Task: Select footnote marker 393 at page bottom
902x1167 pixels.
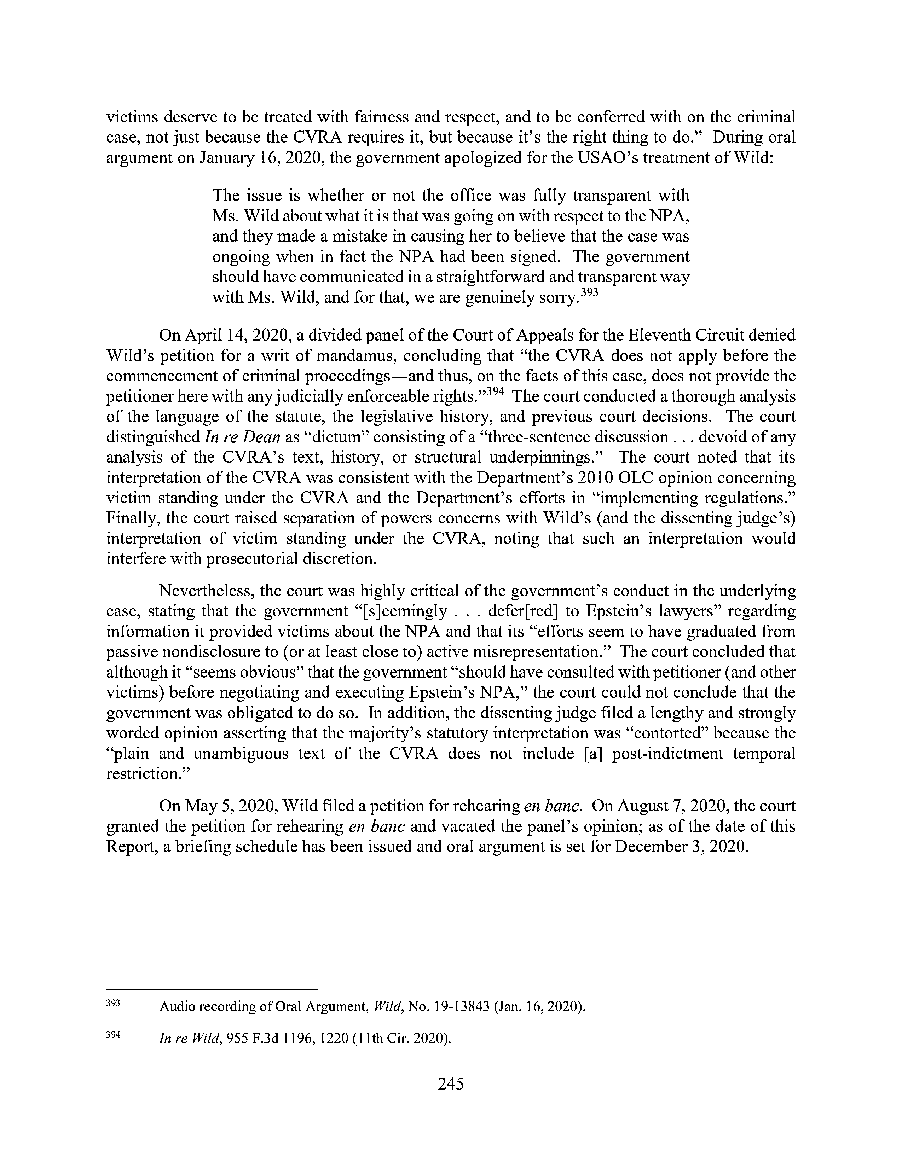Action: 113,1003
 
